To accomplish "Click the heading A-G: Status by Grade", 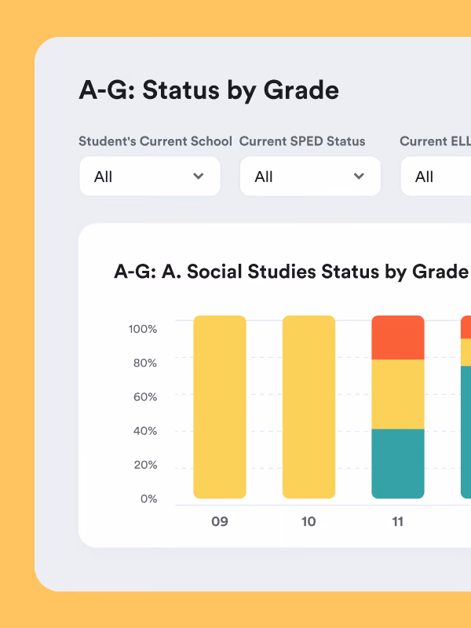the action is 209,90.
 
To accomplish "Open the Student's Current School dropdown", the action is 150,176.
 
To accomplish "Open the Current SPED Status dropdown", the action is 310,176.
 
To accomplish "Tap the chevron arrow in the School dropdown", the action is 199,176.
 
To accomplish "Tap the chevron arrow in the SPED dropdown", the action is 359,176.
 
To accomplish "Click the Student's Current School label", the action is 155,141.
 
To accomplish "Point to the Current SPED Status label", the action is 302,141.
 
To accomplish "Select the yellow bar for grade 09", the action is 220,407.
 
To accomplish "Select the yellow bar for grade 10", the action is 309,407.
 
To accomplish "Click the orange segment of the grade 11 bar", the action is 398,338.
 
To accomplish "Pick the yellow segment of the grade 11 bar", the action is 398,395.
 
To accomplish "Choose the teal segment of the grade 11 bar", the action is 398,464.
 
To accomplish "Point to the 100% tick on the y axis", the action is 143,329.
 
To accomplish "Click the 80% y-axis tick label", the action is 145,363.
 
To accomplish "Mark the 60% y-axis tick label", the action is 145,397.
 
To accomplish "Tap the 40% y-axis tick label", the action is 145,431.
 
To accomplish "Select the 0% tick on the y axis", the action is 148,498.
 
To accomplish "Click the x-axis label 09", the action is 220,521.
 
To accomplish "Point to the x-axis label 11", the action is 398,521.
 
